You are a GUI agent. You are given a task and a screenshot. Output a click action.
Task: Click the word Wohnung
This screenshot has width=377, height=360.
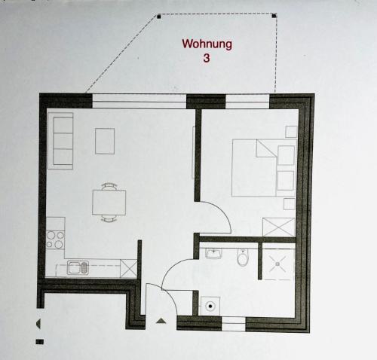click(x=207, y=44)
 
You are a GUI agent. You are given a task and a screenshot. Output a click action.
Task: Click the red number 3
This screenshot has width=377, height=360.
click(x=207, y=58)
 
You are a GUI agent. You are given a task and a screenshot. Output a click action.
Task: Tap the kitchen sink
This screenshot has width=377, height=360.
click(x=78, y=267)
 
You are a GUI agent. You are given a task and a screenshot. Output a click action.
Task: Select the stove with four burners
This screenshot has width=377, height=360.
click(x=55, y=239)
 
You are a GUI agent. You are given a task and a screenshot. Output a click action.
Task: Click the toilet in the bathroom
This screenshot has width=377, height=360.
click(x=243, y=258)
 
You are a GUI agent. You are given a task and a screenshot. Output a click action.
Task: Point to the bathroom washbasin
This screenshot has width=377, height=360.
click(x=213, y=253)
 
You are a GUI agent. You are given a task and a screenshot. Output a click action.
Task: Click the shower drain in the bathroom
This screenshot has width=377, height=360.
click(x=277, y=264)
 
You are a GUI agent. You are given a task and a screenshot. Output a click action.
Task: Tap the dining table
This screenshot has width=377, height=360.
click(x=109, y=203)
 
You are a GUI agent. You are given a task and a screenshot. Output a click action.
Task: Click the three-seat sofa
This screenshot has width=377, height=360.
click(x=60, y=141)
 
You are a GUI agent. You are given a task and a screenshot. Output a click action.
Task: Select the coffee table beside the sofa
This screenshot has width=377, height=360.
click(x=105, y=141)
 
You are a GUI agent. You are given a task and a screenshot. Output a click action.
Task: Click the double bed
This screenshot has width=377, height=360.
click(x=264, y=168)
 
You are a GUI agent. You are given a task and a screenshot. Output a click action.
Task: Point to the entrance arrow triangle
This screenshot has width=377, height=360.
click(x=161, y=321)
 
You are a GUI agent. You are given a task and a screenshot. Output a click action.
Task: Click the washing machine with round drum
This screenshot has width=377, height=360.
click(x=210, y=306)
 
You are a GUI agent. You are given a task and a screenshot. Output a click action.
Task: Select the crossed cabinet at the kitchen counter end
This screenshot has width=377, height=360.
click(x=129, y=268)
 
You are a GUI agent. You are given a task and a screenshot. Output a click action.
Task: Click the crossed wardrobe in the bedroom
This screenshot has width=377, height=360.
click(x=278, y=227)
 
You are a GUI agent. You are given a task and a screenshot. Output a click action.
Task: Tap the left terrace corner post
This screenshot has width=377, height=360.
click(x=159, y=17)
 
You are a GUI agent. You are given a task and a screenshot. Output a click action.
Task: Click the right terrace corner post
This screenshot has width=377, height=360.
click(x=274, y=17)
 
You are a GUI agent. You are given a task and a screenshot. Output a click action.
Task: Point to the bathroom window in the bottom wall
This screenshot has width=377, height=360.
click(x=234, y=324)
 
